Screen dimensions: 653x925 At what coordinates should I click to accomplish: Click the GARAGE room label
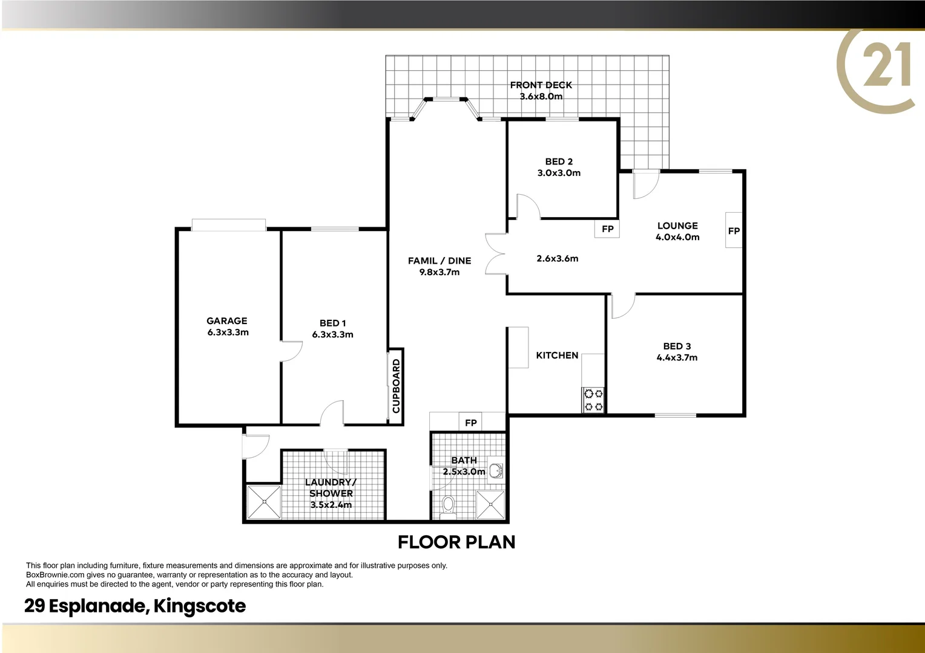tap(227, 321)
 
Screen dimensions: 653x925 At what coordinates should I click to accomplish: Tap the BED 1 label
tap(332, 323)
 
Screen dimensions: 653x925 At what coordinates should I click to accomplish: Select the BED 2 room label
tap(559, 161)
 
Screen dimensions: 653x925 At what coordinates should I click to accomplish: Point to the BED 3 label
tap(677, 346)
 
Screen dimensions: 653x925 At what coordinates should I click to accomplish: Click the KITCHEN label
tap(557, 356)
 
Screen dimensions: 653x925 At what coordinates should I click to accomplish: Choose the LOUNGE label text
tap(677, 226)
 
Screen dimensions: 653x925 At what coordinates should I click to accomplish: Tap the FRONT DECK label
tap(541, 85)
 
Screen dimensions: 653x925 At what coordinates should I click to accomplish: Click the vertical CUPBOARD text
tap(397, 386)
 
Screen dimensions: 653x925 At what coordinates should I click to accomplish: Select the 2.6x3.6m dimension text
tap(557, 259)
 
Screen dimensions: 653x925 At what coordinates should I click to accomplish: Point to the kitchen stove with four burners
tap(593, 400)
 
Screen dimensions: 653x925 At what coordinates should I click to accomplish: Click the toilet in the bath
tap(449, 505)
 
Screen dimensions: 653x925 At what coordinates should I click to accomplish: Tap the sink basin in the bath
tap(496, 470)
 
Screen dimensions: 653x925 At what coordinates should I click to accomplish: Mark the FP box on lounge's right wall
tap(734, 230)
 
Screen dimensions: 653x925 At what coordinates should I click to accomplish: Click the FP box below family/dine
tap(470, 423)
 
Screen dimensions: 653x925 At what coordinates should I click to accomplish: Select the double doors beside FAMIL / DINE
tap(495, 254)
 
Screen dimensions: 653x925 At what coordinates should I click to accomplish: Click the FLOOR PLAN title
tap(456, 542)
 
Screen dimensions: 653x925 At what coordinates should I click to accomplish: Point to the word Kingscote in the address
tap(200, 606)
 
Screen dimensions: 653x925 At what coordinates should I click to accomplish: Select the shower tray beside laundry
tap(263, 501)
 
